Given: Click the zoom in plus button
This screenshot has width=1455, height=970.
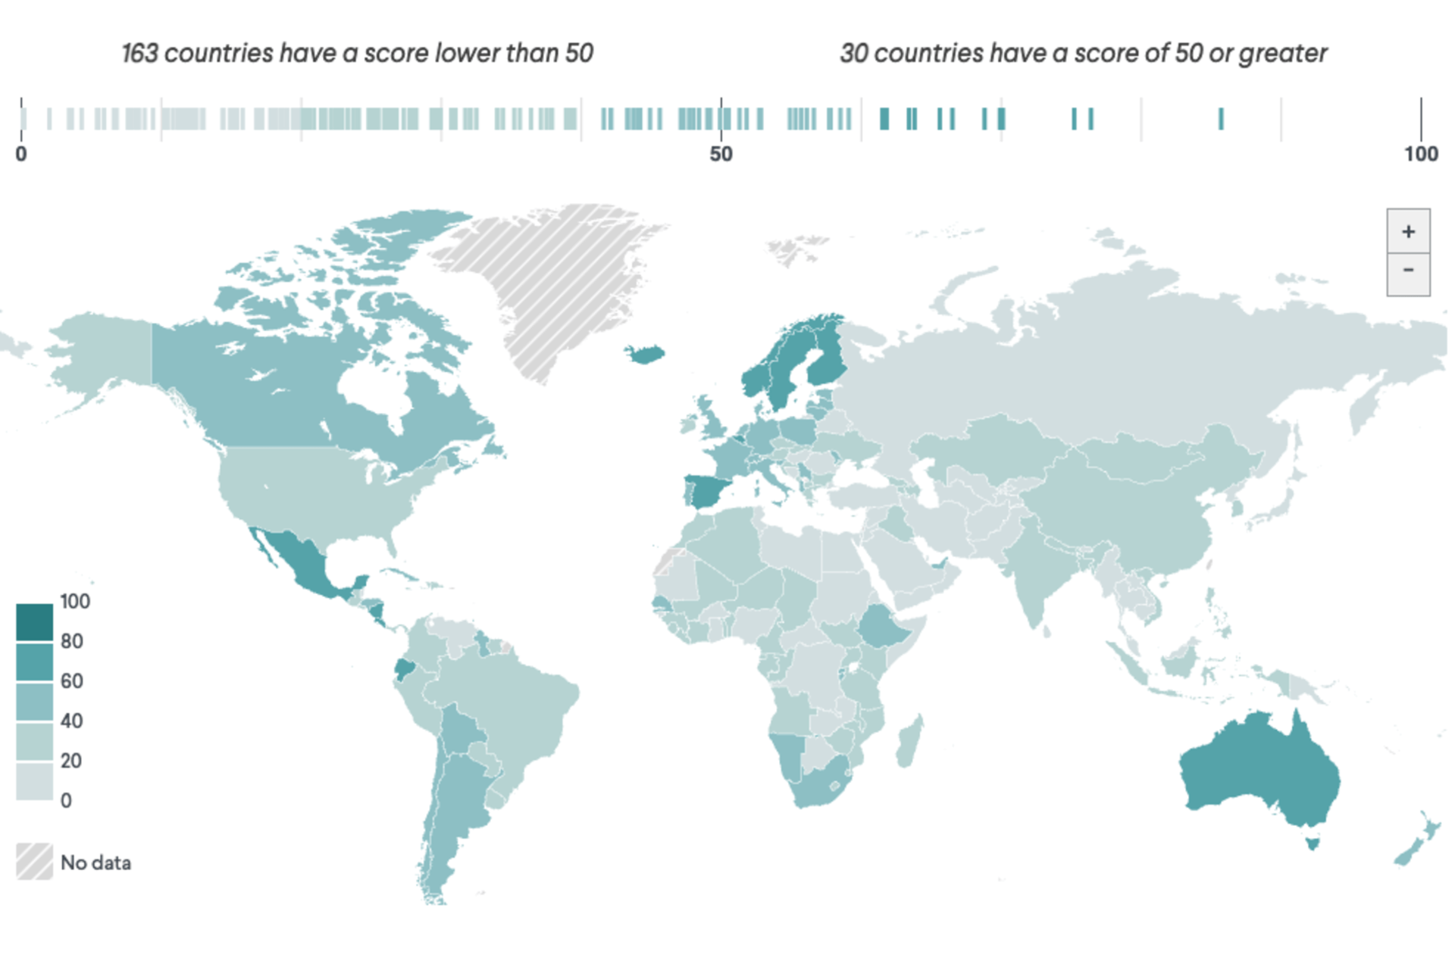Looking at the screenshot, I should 1408,231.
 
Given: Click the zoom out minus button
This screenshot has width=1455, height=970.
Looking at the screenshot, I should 1408,271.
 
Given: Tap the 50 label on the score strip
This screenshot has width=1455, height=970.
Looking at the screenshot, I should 721,154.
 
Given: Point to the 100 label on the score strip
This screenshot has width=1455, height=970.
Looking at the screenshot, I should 1420,154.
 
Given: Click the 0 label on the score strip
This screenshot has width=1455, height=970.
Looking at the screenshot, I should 21,154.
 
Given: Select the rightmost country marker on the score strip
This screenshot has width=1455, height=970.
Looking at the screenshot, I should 1221,119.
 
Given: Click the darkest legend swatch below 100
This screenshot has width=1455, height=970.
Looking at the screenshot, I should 35,622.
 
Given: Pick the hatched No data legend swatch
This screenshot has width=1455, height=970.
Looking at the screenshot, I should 35,862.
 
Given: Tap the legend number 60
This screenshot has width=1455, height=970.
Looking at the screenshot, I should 72,681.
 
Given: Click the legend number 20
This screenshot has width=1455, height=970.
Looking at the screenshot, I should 71,760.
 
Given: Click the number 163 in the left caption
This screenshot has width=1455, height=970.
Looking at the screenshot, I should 140,53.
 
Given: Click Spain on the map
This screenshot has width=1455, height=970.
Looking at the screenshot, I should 708,490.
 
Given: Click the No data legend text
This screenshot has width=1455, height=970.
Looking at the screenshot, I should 95,862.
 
